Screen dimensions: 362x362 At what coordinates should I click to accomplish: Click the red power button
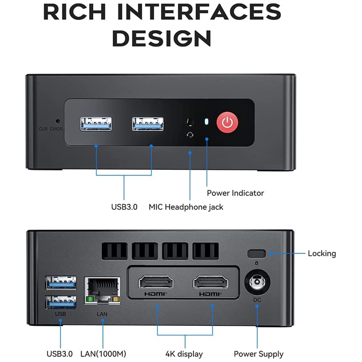(227, 123)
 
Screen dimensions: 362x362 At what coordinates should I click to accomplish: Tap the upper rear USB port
(61, 281)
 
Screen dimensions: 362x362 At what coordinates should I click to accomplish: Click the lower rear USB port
(61, 302)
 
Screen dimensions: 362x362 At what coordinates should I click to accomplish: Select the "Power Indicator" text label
(235, 193)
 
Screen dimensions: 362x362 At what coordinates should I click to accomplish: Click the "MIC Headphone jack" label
(186, 207)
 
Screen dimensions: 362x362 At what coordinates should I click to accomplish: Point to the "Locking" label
(322, 253)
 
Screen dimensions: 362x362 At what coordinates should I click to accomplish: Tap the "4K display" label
(184, 354)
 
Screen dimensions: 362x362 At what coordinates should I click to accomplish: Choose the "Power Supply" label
(259, 354)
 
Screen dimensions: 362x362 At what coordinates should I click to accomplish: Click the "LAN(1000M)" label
(103, 354)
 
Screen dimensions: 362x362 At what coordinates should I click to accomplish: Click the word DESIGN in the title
(162, 38)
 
